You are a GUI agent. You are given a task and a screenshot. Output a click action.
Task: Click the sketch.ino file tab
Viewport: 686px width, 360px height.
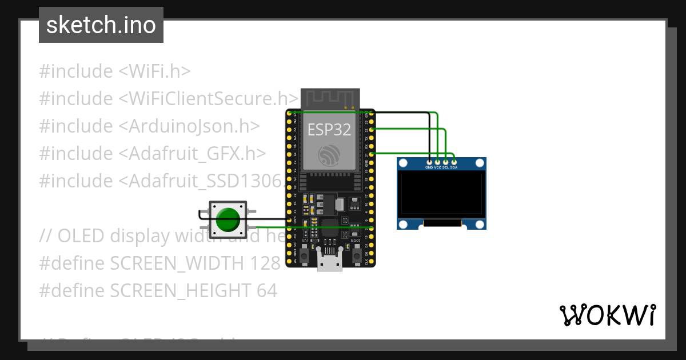click(x=101, y=25)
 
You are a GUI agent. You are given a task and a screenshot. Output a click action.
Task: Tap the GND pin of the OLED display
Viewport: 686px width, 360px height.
click(x=429, y=162)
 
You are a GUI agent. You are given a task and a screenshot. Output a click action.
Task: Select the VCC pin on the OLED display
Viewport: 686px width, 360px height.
click(x=437, y=162)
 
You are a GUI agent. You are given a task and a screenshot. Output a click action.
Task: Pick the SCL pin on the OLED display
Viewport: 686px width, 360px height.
click(x=445, y=162)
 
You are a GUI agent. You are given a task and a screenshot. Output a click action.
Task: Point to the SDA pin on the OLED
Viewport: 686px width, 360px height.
click(x=453, y=162)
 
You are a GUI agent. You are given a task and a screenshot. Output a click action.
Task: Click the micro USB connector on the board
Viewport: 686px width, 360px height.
click(x=330, y=263)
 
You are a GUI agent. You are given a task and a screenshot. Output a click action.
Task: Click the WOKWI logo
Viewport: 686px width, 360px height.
click(x=608, y=315)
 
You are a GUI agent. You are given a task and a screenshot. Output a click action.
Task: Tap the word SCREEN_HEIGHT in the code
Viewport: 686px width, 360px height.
click(x=181, y=291)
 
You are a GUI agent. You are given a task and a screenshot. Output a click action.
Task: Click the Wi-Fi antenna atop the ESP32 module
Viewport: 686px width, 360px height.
click(x=330, y=98)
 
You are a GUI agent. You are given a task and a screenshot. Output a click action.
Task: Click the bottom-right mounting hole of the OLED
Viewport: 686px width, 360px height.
click(x=480, y=223)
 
